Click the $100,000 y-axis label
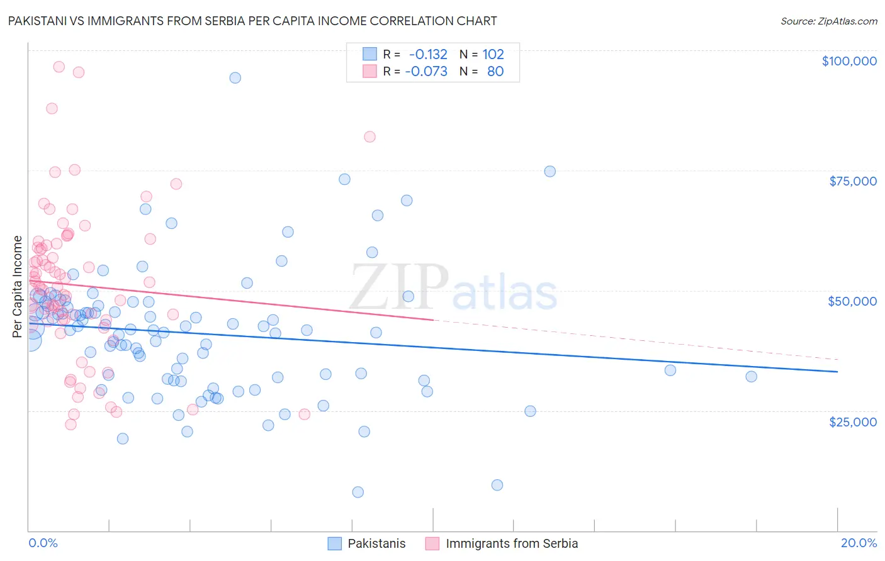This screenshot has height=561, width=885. [x=849, y=61]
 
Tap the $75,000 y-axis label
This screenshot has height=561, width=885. [x=853, y=181]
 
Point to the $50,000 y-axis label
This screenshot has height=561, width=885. [x=852, y=301]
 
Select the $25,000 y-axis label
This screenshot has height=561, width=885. [x=852, y=421]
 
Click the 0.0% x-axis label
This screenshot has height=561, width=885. [x=43, y=543]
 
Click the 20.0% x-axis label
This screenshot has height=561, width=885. [x=859, y=543]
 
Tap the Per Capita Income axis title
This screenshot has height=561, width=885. [x=18, y=287]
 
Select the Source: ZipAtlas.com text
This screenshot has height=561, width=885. [x=828, y=21]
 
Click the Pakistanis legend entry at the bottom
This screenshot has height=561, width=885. [x=376, y=543]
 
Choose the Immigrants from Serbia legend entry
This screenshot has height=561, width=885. [x=511, y=543]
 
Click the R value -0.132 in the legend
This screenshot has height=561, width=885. [x=428, y=54]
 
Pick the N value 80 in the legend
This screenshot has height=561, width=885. [x=495, y=71]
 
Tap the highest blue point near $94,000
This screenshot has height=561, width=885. [x=235, y=78]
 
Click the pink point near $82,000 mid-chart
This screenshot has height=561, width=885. [x=369, y=137]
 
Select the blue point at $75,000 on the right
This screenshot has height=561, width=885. [x=550, y=172]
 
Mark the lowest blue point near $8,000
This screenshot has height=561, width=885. [x=358, y=492]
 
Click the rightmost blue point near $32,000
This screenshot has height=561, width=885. [x=751, y=377]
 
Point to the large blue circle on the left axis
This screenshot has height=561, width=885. [x=30, y=340]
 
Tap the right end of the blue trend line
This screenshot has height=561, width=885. [x=837, y=372]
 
